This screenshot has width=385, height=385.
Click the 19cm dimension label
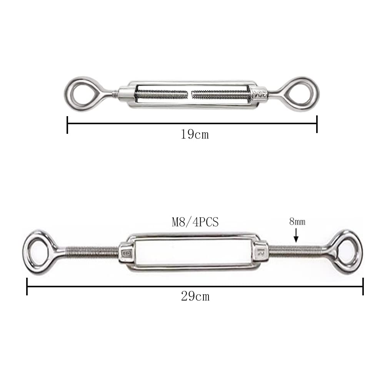(195, 135)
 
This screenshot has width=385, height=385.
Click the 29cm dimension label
(195, 297)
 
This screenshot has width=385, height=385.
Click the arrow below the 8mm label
(296, 235)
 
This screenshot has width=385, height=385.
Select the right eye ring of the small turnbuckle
(300, 93)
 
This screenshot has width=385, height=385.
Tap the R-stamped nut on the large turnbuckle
(260, 252)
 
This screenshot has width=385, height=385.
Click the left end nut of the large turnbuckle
(126, 253)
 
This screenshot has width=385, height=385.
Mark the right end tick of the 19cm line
(317, 124)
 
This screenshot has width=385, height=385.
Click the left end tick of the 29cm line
(27, 287)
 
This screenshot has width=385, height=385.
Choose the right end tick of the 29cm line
(363, 287)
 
